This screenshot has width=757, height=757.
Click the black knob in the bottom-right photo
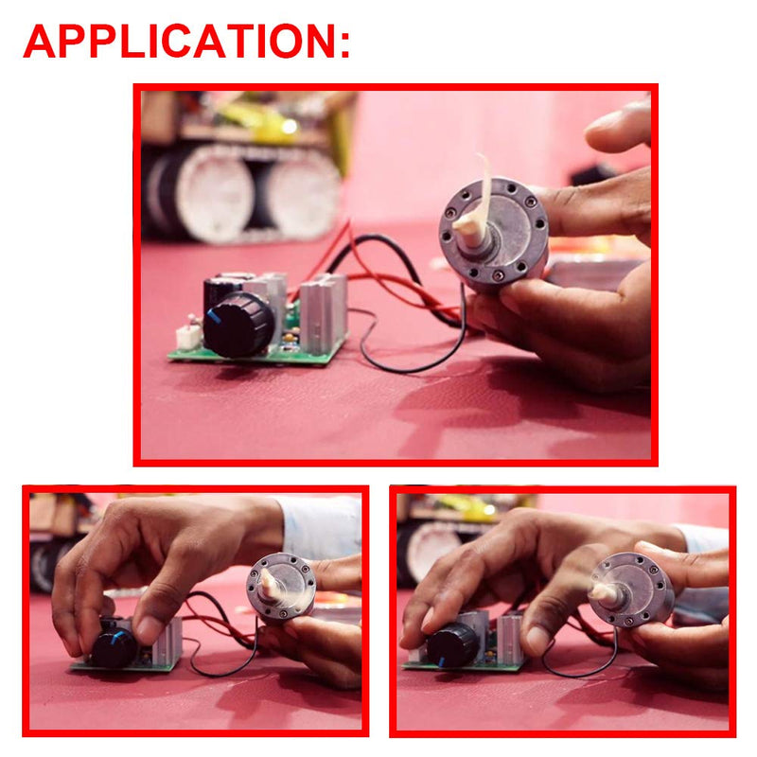pyautogui.click(x=453, y=645)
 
